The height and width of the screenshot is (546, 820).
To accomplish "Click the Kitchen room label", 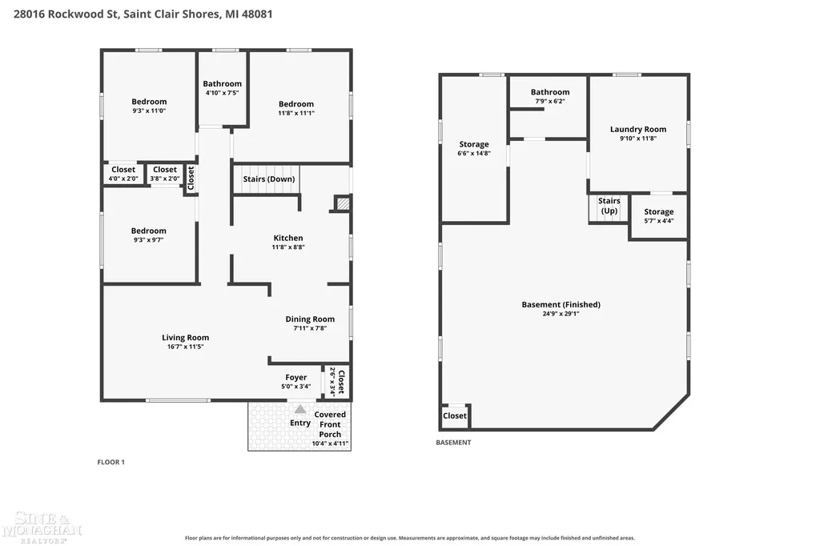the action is coord(288,238).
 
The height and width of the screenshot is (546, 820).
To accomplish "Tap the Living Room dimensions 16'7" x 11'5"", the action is coord(185,347).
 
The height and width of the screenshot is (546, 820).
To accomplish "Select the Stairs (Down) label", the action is coord(269,179).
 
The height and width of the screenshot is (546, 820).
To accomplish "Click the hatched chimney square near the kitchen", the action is coord(343,203).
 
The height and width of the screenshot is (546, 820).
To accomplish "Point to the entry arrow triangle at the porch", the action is coord(300,409).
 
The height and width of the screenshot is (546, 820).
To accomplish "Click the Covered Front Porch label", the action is coord(330,424).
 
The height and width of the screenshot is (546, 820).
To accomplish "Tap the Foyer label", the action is coord(296,377).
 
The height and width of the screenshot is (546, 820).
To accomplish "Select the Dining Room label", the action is coord(310,319).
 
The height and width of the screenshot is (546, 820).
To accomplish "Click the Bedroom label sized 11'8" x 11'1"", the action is coord(296,104).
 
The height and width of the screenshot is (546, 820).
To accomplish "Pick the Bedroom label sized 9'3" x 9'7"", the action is coord(148,231).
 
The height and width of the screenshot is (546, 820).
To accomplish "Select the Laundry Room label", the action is coord(638,129).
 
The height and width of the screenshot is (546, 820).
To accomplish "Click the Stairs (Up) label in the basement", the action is coord(609,206).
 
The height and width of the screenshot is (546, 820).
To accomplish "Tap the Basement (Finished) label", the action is coord(561,304).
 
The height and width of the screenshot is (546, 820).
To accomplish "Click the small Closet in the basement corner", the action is coord(455,416).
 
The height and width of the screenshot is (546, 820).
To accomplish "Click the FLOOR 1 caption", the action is coord(111,462).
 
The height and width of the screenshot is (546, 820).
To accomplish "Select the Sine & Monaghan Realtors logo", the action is coord(42,527).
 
